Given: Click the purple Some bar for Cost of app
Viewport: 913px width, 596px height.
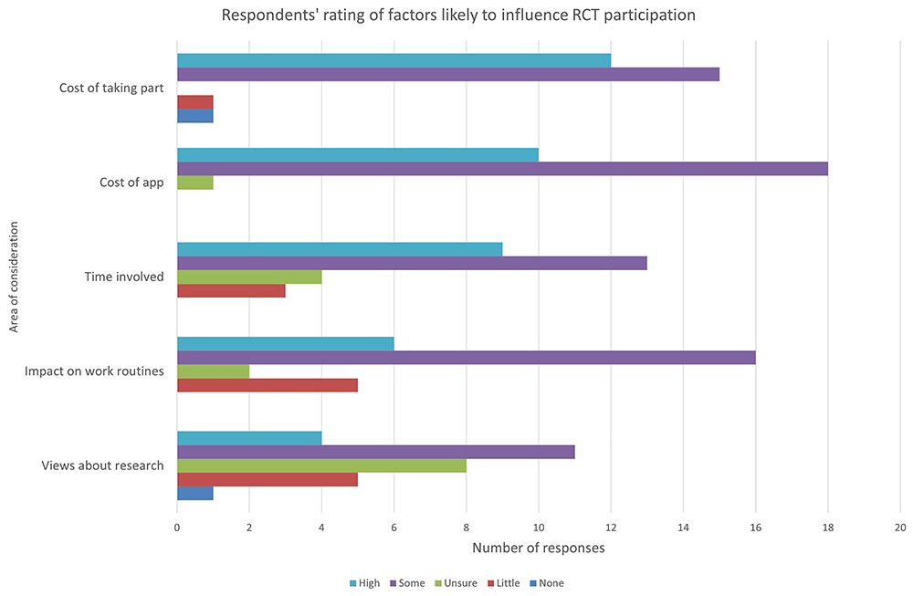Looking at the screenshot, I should (502, 168).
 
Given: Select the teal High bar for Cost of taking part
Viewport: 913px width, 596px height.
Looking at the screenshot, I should (394, 60).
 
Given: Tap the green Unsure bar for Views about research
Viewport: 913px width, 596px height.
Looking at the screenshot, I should (321, 465).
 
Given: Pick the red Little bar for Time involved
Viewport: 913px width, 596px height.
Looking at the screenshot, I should (231, 290).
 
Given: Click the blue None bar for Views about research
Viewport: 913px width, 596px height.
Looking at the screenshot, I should (194, 493).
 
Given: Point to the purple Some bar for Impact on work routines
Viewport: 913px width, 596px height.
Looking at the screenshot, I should (466, 357).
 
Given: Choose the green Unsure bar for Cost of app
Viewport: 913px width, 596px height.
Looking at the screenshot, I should (194, 182).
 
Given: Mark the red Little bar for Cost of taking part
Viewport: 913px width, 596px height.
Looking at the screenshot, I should (194, 101).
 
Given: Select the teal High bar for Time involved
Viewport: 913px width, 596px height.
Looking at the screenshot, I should (340, 249).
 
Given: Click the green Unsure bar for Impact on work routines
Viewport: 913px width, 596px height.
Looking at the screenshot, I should (213, 371).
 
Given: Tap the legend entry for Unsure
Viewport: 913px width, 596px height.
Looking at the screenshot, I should (458, 583).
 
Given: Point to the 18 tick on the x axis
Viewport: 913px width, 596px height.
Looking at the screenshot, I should (828, 527).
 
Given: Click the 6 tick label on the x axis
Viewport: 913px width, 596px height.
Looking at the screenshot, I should (394, 527).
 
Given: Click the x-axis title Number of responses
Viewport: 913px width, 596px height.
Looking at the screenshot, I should (538, 548).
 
